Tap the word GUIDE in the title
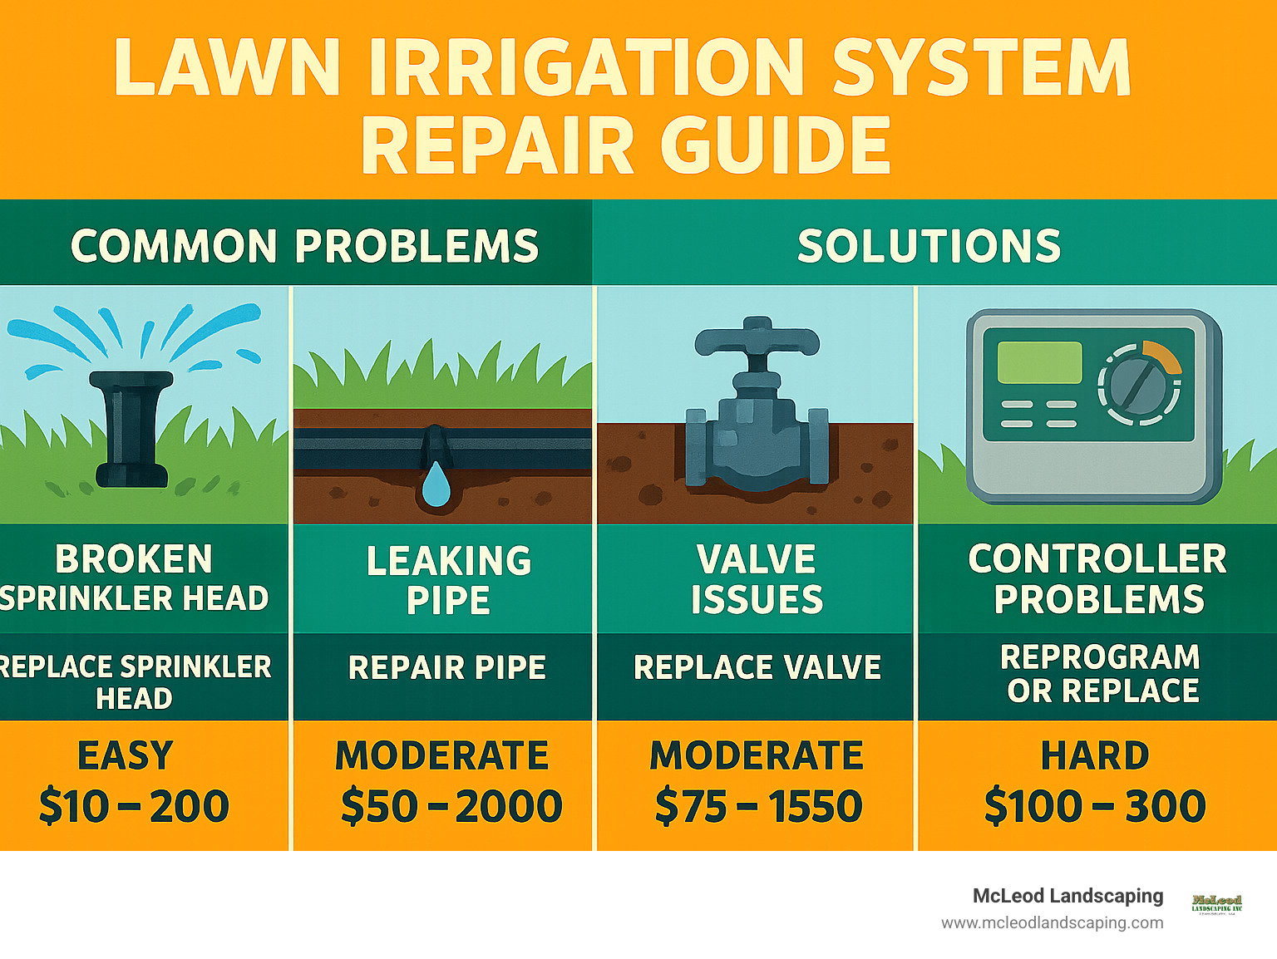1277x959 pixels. [775, 145]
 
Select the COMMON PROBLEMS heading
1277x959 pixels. [304, 246]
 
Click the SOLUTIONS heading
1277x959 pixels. [929, 246]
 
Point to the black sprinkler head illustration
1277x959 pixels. [131, 428]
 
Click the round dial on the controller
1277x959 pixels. [1138, 384]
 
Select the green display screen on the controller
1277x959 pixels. [1039, 362]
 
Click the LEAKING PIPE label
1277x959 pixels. [449, 580]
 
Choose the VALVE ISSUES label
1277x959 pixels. [757, 579]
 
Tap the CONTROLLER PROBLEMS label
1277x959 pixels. [1097, 579]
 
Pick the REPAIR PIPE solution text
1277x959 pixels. [447, 667]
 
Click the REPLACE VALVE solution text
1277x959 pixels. [757, 667]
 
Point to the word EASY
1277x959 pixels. [126, 755]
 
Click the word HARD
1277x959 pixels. [1095, 755]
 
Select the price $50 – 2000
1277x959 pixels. [451, 806]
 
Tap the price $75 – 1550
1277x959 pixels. [758, 806]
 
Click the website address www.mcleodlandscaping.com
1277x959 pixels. [1052, 922]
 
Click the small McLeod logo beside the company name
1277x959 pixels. [1216, 903]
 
